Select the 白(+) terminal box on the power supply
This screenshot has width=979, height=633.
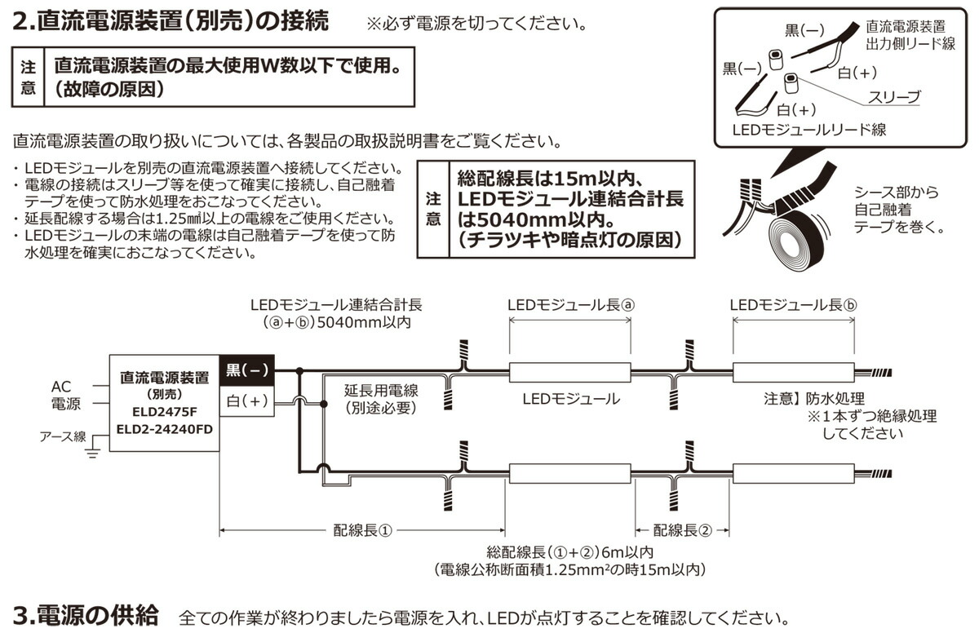[247, 401]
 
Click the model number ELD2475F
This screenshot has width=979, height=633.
[164, 411]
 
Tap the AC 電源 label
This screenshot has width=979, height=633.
[66, 395]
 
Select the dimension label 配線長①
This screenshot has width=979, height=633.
[363, 529]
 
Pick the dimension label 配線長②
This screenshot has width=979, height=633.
[682, 529]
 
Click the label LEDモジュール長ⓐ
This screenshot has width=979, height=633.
[570, 304]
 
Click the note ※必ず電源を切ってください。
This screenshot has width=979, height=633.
[476, 22]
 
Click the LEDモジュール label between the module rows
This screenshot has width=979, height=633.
[570, 400]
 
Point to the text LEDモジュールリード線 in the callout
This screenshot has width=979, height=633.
[808, 129]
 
